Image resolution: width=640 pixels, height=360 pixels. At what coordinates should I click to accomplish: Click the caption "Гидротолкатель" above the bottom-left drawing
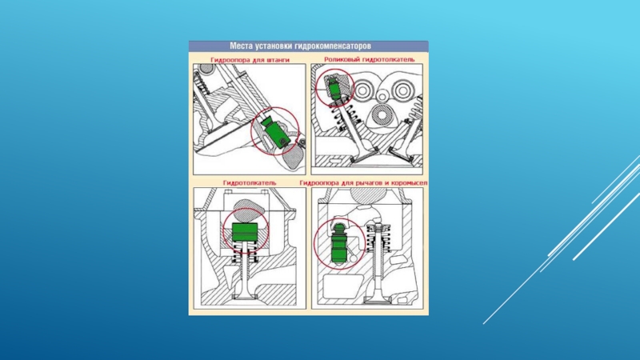(x=250, y=183)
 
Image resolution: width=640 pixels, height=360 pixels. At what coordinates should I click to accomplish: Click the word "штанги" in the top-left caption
(x=277, y=60)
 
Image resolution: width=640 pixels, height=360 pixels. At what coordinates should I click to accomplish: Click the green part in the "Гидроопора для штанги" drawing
(x=275, y=132)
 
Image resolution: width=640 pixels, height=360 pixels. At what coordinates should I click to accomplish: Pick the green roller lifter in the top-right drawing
(x=335, y=89)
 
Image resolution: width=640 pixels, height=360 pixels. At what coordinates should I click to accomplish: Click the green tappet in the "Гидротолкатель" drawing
(x=245, y=232)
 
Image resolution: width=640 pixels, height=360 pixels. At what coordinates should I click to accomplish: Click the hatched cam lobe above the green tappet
(x=245, y=210)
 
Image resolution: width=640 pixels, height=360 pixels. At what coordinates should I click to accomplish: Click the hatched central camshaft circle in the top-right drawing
(x=382, y=115)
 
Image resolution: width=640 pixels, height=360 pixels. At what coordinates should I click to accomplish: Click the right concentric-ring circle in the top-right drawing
(x=402, y=90)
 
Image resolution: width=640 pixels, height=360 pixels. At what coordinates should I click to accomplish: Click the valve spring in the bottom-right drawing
(x=378, y=238)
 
